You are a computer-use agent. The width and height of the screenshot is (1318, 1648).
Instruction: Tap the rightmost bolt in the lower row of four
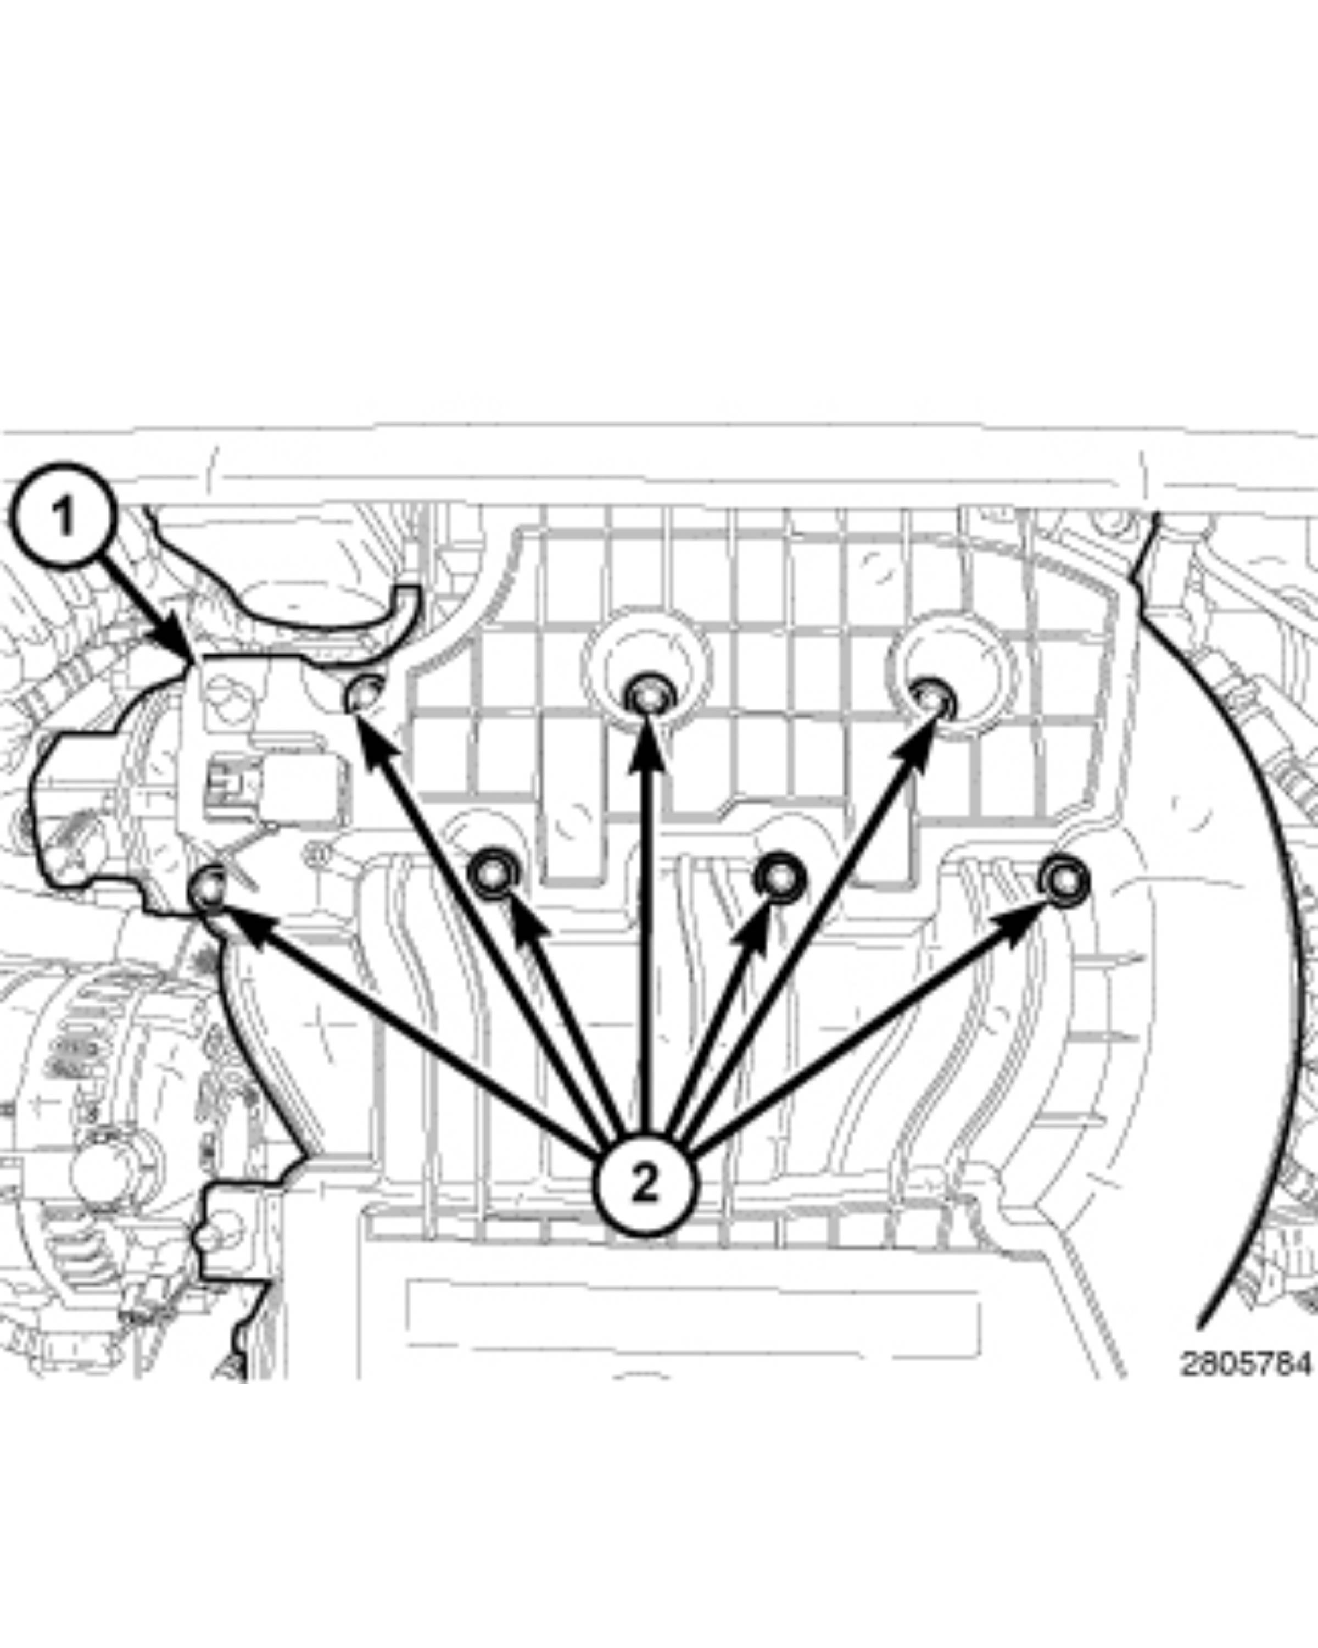1063,881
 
